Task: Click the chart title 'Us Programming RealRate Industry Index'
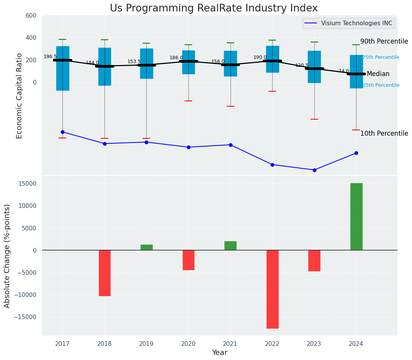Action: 214,8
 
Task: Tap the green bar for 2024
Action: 356,216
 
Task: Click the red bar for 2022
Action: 272,289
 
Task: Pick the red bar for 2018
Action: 105,273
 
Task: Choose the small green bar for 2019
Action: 146,247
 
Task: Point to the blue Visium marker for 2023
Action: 314,170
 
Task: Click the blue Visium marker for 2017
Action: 62,132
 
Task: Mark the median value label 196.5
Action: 50,57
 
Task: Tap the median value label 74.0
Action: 344,71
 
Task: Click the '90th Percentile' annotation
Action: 384,42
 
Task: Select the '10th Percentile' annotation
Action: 384,133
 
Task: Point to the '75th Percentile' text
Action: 381,57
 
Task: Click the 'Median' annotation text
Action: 378,74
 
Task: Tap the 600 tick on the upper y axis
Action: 31,16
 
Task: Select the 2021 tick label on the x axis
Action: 230,344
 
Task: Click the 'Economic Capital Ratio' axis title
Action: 20,96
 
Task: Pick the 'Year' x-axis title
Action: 220,353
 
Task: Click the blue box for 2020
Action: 188,62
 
